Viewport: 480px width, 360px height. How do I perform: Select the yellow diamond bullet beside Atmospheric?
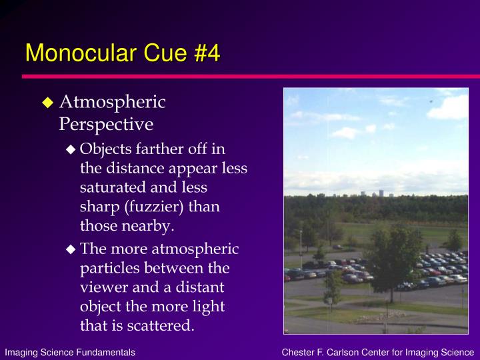48,103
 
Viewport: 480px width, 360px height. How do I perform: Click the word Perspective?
106,125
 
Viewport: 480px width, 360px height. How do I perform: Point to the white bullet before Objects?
71,149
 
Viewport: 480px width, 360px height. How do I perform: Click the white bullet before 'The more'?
71,249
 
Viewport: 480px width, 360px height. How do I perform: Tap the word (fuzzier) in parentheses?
154,207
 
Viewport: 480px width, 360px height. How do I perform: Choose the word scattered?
161,325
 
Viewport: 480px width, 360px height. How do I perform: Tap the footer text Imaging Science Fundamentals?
70,353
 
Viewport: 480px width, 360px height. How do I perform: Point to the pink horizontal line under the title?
251,76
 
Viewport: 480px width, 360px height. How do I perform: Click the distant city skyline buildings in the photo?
377,193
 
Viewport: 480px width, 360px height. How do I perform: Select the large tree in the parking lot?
393,260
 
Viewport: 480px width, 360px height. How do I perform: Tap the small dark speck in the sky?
431,101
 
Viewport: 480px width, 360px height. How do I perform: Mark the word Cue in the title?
165,53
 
